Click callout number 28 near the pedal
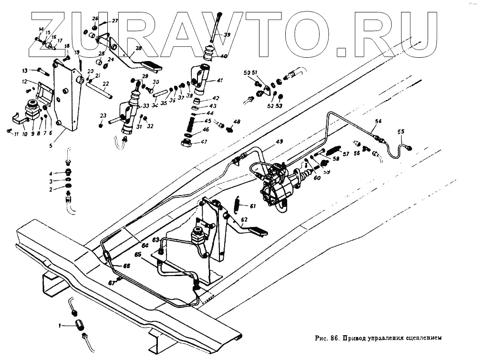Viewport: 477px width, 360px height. (x=138, y=49)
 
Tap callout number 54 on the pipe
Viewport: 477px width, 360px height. (x=378, y=122)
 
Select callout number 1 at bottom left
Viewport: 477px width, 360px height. (x=60, y=326)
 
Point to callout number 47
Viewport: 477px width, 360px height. (x=204, y=142)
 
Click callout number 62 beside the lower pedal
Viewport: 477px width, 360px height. (x=244, y=220)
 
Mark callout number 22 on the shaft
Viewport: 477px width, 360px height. (x=106, y=83)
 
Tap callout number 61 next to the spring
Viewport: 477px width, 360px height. (x=252, y=206)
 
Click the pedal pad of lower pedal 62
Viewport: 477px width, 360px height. (x=259, y=232)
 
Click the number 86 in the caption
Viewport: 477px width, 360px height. (x=334, y=339)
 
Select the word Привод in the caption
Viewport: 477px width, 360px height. (x=357, y=339)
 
